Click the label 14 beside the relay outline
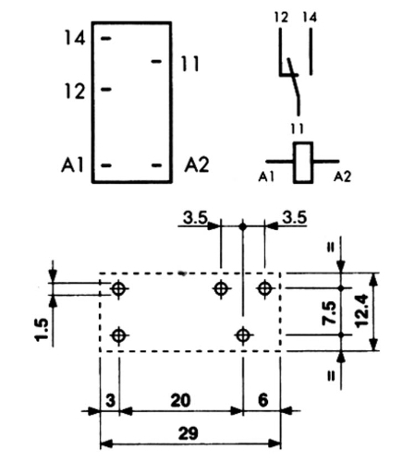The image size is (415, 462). tap(75, 39)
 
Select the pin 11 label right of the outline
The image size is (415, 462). tap(189, 64)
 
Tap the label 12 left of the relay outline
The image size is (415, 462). tap(75, 91)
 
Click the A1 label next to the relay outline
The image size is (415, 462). tap(73, 164)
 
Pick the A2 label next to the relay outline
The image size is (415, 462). tap(197, 164)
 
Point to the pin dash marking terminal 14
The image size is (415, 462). tap(106, 39)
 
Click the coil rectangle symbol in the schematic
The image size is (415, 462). tap(303, 163)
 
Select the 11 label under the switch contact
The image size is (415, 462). tap(297, 128)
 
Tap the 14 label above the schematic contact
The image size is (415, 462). tap(310, 18)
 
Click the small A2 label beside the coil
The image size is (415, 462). tap(342, 177)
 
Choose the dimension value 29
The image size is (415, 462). tap(188, 433)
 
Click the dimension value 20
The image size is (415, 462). tap(180, 400)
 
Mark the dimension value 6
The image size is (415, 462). tap(262, 400)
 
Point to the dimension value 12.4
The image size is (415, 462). tap(361, 311)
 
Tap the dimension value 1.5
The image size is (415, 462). tap(42, 330)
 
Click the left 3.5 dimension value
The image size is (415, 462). tap(195, 218)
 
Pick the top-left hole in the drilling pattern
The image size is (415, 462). tap(119, 289)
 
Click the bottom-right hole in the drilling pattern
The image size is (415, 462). tap(243, 335)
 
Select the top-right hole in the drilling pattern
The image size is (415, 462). tap(264, 288)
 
